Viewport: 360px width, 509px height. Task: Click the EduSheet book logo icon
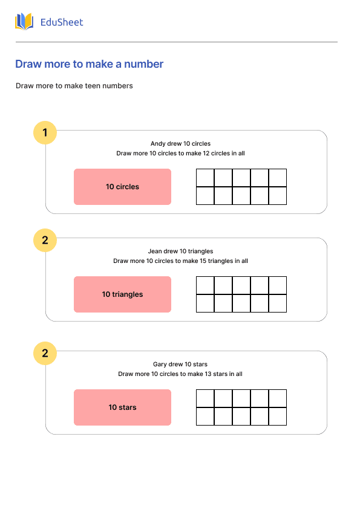(x=24, y=22)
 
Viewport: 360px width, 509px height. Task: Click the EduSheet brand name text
(x=61, y=22)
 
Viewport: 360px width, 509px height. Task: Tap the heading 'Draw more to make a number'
(x=89, y=64)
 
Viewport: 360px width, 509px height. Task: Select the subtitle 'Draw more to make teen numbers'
(x=74, y=86)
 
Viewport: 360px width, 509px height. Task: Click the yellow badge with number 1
(x=45, y=132)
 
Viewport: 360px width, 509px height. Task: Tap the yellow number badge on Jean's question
(x=45, y=240)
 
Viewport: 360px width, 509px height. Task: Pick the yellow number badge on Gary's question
(x=45, y=353)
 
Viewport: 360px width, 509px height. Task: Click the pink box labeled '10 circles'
(x=122, y=187)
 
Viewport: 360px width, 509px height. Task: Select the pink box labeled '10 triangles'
(x=122, y=294)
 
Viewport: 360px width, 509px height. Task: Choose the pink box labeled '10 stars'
(x=122, y=407)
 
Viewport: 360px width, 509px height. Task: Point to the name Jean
(x=155, y=251)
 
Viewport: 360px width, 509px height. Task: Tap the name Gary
(x=160, y=365)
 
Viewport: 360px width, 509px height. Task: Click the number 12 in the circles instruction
(x=208, y=154)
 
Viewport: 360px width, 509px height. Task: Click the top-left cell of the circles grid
(x=205, y=178)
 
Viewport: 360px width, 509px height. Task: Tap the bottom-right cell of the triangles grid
(x=277, y=303)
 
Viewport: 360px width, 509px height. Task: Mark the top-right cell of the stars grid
(x=277, y=398)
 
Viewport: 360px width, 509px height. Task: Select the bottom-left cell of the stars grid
(x=205, y=417)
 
